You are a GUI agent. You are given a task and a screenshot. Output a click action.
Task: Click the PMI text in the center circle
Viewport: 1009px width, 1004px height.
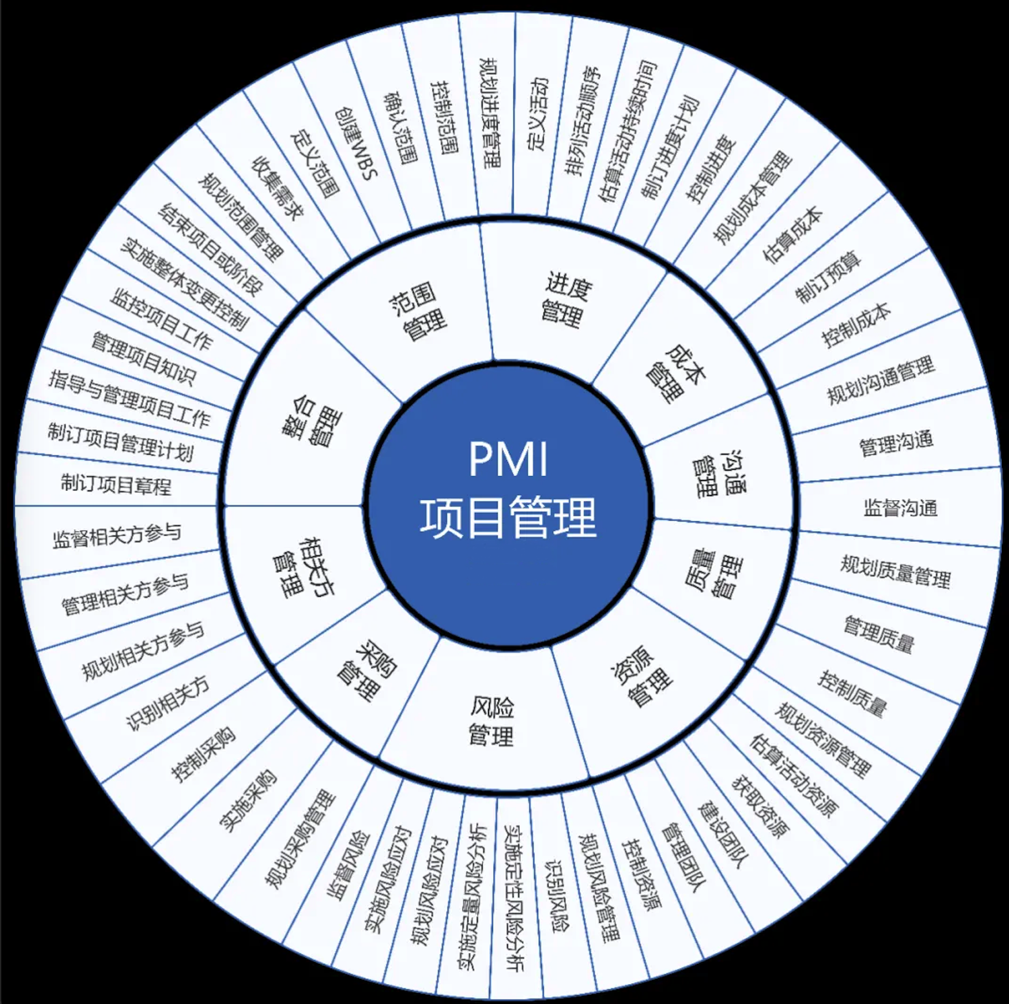pyautogui.click(x=508, y=459)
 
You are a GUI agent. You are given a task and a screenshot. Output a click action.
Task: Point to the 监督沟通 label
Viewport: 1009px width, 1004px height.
pyautogui.click(x=900, y=508)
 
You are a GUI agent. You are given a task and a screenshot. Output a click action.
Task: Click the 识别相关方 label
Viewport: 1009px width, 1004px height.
pyautogui.click(x=168, y=704)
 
